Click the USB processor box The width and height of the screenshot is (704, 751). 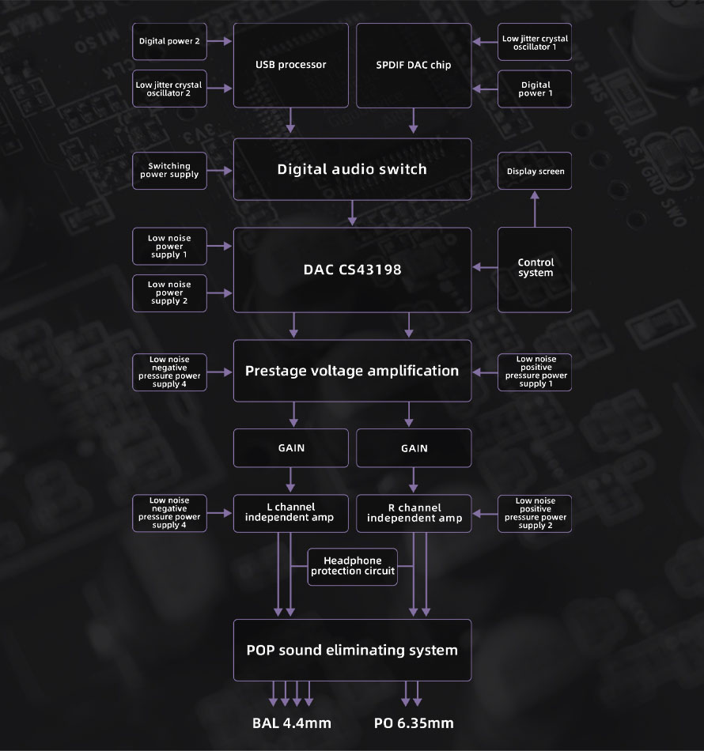pos(290,65)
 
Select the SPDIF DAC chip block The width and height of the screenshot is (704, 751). pos(413,65)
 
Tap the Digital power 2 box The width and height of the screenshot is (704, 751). pos(169,41)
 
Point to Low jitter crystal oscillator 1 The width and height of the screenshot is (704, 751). pos(535,42)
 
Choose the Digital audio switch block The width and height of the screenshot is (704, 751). pos(352,169)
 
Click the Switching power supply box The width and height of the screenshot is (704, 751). pos(169,170)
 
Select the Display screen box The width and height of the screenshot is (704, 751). pos(535,172)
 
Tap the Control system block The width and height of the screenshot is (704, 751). pos(535,269)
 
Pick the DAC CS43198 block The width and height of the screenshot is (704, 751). pos(352,270)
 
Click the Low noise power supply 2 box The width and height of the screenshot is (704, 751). pos(169,292)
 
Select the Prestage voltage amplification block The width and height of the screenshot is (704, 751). pos(352,371)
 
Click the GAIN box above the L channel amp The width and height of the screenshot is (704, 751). pos(290,447)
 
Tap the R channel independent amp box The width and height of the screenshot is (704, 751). pos(414,513)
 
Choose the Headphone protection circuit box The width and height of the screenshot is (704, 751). pos(352,566)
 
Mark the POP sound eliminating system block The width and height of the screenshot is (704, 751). pos(352,651)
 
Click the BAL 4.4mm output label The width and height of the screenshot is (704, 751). pos(291,723)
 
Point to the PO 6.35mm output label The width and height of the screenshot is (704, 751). pos(413,723)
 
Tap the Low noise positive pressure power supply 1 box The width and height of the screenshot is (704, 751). pos(535,372)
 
